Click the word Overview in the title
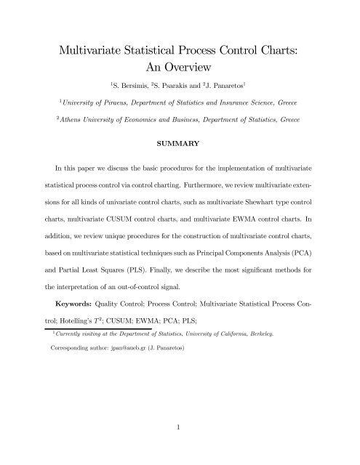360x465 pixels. point(201,64)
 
